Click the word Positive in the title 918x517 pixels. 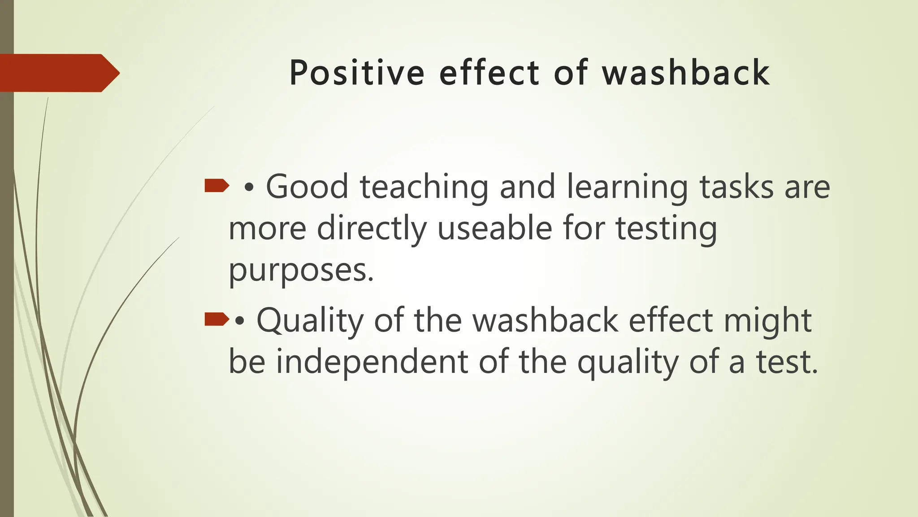pyautogui.click(x=357, y=73)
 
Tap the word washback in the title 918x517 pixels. pyautogui.click(x=686, y=73)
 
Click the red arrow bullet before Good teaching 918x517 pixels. pyautogui.click(x=217, y=185)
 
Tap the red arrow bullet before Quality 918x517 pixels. pyautogui.click(x=217, y=320)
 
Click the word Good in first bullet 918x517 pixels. pyautogui.click(x=307, y=186)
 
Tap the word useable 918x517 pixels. pyautogui.click(x=494, y=228)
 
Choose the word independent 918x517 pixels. pyautogui.click(x=372, y=363)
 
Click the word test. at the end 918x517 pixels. pyautogui.click(x=788, y=362)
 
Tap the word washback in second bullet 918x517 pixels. pyautogui.click(x=546, y=320)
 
